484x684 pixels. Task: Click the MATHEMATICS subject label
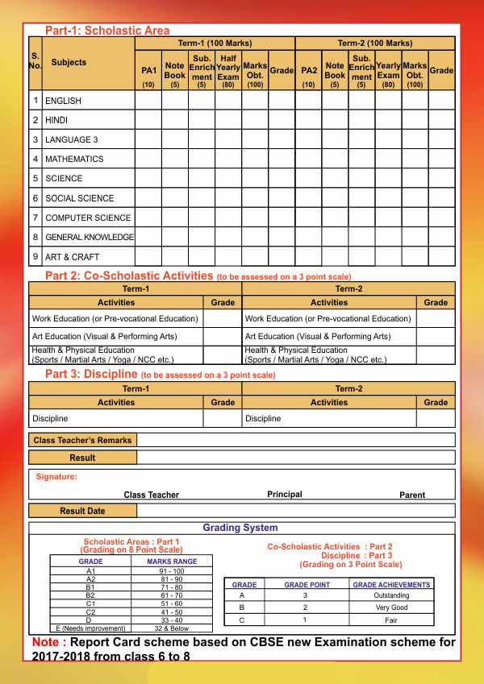(x=74, y=160)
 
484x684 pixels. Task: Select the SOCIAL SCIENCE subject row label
(x=80, y=198)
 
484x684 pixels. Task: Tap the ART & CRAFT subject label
(x=73, y=257)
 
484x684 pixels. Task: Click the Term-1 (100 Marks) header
(x=215, y=43)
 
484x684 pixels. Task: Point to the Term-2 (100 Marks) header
(x=374, y=43)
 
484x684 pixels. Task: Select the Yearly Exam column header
(x=388, y=71)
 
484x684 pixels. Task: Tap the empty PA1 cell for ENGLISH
(x=148, y=101)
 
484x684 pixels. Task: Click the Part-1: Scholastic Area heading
(x=107, y=31)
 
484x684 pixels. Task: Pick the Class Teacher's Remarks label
(x=82, y=441)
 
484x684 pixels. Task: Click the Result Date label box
(x=82, y=511)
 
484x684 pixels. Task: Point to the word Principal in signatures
(x=285, y=495)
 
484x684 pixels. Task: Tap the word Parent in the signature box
(x=412, y=495)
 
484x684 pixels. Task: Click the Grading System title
(x=240, y=529)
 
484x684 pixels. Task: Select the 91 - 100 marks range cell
(x=172, y=571)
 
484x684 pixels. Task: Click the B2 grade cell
(x=90, y=595)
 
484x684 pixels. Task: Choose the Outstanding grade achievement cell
(x=392, y=595)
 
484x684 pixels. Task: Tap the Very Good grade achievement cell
(x=392, y=607)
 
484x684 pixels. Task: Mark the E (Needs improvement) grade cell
(x=90, y=628)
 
